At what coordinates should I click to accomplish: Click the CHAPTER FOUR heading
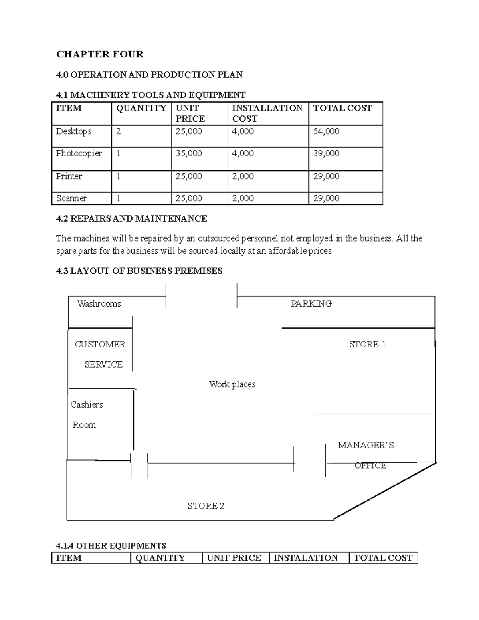[100, 54]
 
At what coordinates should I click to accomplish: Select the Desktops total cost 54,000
[326, 131]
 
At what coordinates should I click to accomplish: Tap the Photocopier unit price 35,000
[189, 153]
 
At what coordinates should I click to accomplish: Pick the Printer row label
[69, 176]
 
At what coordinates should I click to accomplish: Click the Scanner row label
[71, 198]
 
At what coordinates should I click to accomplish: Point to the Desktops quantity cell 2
[118, 131]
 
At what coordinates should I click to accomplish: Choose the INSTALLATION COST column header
[267, 113]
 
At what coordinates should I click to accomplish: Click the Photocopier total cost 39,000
[326, 153]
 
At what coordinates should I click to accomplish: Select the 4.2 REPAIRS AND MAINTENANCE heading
[132, 218]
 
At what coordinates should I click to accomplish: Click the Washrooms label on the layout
[99, 304]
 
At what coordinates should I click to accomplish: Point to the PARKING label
[311, 304]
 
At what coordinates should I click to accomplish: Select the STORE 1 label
[367, 344]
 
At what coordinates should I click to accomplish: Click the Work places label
[232, 384]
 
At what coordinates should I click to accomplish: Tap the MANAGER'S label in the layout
[366, 445]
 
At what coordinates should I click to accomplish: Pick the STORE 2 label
[206, 506]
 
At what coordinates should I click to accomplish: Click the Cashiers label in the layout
[87, 404]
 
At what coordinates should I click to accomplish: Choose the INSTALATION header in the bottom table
[306, 558]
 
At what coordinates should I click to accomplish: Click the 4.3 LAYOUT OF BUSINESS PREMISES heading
[139, 271]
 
